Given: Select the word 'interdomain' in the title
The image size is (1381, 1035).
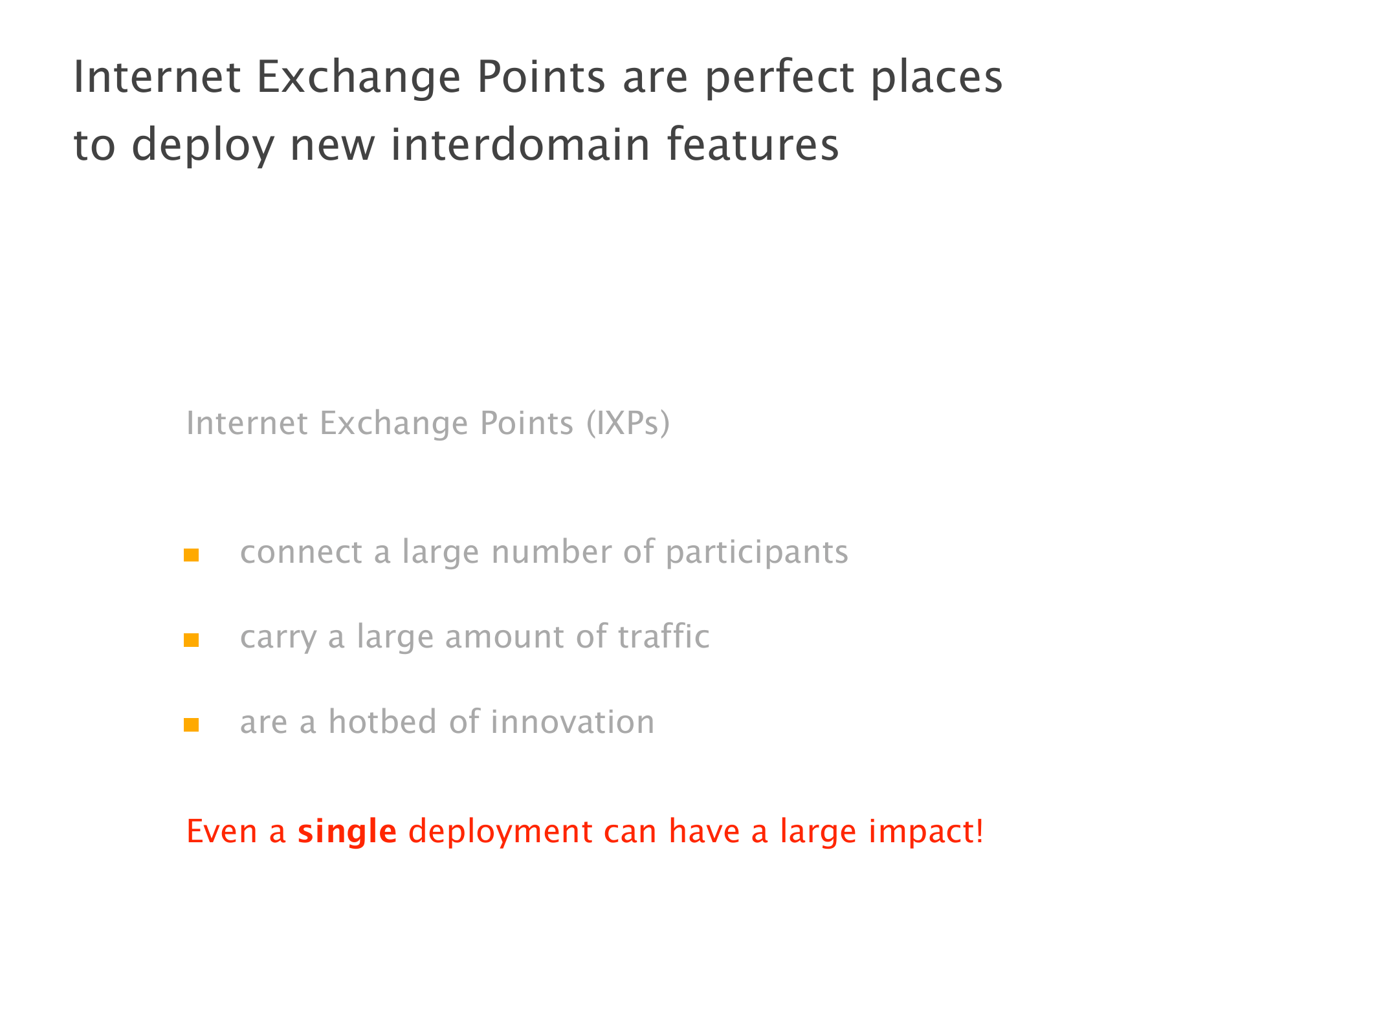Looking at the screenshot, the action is (x=521, y=144).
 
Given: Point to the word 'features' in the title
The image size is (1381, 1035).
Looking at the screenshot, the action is (x=753, y=144).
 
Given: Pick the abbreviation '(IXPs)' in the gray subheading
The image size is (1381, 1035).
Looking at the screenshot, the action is (x=628, y=424).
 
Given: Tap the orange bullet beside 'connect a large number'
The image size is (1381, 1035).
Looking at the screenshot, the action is (x=191, y=555).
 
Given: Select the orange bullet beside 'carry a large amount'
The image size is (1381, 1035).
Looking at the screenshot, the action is (x=191, y=640).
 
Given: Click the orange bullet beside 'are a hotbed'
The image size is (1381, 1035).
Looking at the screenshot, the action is (x=191, y=725).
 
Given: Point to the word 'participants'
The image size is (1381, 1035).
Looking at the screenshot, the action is (x=757, y=553).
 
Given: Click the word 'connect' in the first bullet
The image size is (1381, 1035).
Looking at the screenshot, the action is (x=301, y=553).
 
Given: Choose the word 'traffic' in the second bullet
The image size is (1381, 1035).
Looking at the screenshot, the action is (x=664, y=636).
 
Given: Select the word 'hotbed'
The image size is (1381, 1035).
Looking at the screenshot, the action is (x=382, y=721).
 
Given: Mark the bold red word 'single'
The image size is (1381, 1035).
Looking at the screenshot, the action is (x=347, y=833).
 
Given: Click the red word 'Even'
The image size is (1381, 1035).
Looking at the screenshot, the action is (x=222, y=831).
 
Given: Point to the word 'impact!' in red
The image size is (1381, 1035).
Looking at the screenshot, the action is (x=926, y=833).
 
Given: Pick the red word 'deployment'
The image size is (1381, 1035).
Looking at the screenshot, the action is (x=501, y=833).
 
